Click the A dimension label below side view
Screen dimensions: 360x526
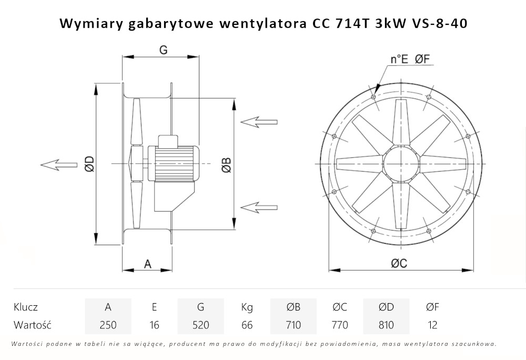click(x=148, y=264)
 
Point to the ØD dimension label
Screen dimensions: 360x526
click(x=89, y=165)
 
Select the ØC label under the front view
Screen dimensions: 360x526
click(x=399, y=264)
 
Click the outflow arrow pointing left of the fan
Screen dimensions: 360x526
click(x=58, y=165)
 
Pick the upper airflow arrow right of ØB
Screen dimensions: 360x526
click(x=258, y=122)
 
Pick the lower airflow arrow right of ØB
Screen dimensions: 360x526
click(x=258, y=205)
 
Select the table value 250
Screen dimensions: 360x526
click(x=108, y=325)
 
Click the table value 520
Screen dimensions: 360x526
click(x=200, y=325)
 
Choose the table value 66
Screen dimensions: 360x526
click(x=247, y=325)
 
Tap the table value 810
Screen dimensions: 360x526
click(x=386, y=325)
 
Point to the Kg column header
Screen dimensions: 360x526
click(x=247, y=307)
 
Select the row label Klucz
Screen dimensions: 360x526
click(x=26, y=307)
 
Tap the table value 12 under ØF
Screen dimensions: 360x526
click(x=432, y=325)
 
